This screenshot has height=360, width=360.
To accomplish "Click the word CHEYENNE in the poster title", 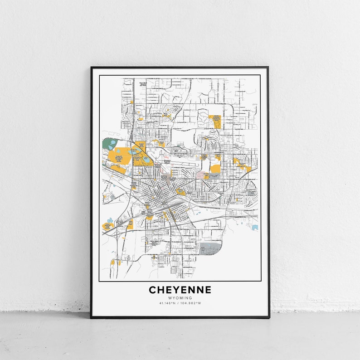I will (x=180, y=290).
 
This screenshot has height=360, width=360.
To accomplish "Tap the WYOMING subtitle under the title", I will (x=180, y=298).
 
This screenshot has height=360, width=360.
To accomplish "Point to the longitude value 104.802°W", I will (x=192, y=303).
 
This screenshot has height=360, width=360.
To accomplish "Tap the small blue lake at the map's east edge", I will (x=255, y=227).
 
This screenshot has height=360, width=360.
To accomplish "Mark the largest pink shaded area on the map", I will (x=202, y=175).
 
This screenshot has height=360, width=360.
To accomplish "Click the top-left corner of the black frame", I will (x=91, y=68).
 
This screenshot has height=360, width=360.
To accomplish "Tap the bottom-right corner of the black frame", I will (x=269, y=317).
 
